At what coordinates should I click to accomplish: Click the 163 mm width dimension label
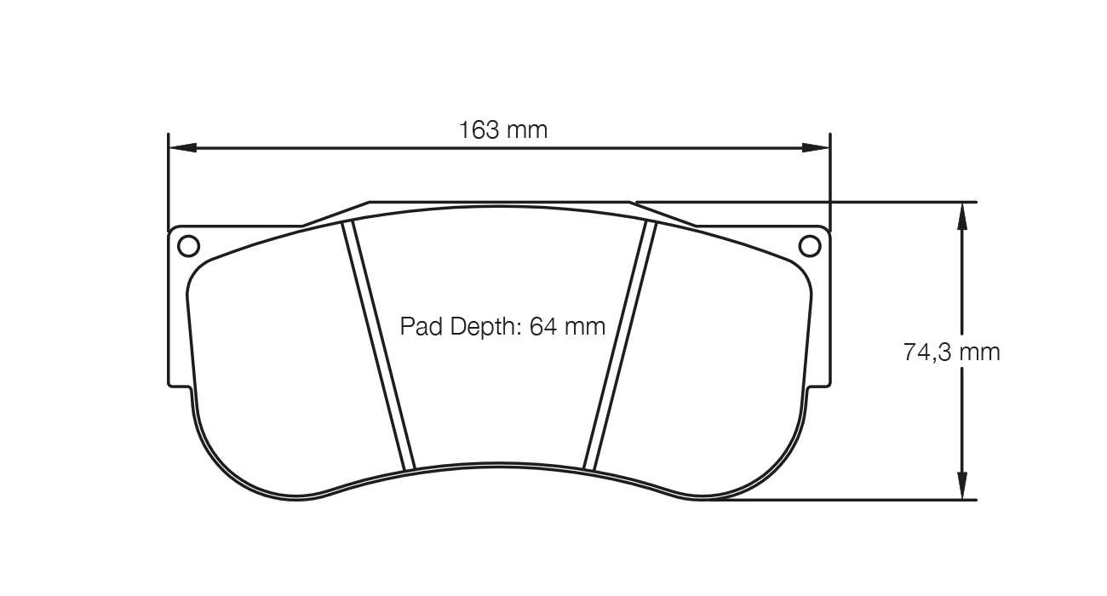click(502, 130)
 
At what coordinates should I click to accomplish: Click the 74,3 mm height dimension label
click(951, 352)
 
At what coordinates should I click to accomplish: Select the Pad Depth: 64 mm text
click(502, 326)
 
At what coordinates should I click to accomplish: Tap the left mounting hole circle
click(188, 246)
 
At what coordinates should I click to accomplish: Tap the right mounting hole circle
click(811, 246)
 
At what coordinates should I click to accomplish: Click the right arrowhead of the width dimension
click(817, 147)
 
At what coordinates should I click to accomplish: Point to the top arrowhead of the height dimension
click(962, 216)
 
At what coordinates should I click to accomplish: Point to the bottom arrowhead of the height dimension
click(962, 486)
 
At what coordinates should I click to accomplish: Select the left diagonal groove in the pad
click(379, 345)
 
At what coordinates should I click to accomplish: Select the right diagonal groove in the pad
click(620, 345)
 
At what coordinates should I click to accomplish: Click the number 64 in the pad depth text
click(542, 326)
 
